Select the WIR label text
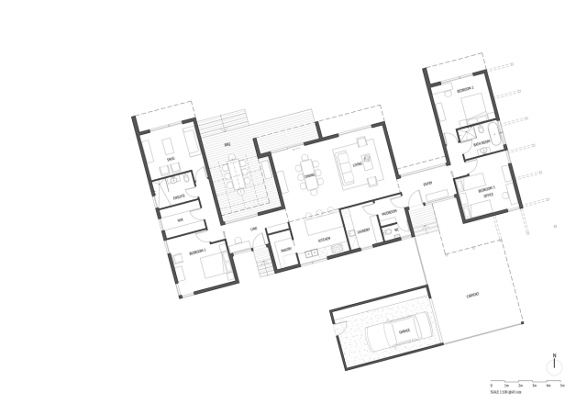pos(181,220)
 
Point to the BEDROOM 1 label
pos(198,251)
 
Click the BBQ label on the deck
pos(227,144)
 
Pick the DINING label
pos(310,176)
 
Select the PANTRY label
pos(285,248)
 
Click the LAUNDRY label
pos(363,230)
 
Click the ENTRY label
pos(427,185)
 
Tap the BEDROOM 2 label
pos(464,89)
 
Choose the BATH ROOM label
pos(480,144)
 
